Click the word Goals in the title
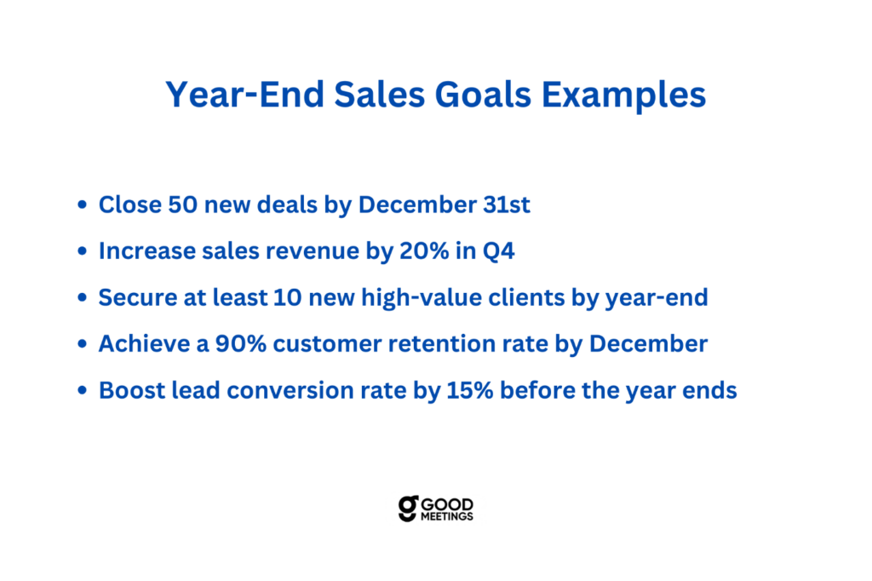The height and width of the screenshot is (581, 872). (x=483, y=94)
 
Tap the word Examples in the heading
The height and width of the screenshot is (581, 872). (x=623, y=95)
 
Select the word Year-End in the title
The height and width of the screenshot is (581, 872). (x=244, y=94)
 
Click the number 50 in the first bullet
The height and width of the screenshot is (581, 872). (x=182, y=204)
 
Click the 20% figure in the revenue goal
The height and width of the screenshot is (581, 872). (x=424, y=251)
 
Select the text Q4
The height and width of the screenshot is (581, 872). (x=498, y=251)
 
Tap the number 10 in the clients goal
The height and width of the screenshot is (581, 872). (x=288, y=297)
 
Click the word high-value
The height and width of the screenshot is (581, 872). (x=421, y=297)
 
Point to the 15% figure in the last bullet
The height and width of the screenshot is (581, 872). (x=470, y=391)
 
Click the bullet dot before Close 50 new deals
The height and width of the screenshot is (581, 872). (x=83, y=204)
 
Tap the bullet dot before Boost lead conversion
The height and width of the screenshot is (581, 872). (x=83, y=390)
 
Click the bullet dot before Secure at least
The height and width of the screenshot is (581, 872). (x=83, y=297)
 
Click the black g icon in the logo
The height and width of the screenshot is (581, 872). (x=408, y=509)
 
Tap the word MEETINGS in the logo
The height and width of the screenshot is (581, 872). (x=446, y=516)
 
